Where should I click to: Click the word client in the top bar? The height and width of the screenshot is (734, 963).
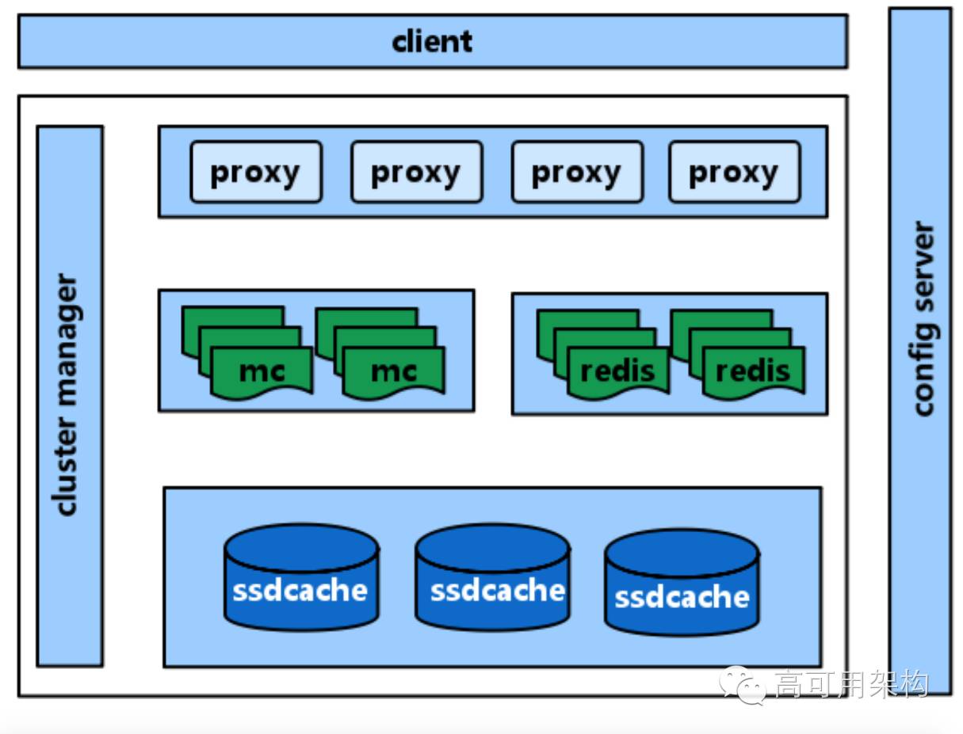point(432,41)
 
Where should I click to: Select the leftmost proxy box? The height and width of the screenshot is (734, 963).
point(255,172)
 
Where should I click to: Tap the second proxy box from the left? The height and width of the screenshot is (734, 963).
point(416,172)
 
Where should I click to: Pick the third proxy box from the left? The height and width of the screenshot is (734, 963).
point(576,172)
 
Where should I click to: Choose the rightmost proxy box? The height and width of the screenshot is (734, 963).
point(734,172)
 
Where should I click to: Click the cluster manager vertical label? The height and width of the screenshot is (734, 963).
point(69,395)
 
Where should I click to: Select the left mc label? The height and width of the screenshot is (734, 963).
point(262,371)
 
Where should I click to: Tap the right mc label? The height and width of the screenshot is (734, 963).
point(394,371)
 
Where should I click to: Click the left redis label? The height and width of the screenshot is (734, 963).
point(618,371)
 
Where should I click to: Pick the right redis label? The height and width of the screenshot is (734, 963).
point(753,371)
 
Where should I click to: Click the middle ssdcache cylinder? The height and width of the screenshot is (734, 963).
point(492,578)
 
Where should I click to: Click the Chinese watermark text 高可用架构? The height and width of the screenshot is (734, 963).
point(850,683)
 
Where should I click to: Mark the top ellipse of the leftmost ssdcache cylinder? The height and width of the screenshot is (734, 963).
point(301,546)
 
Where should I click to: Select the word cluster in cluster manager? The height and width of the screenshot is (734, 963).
point(69,473)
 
